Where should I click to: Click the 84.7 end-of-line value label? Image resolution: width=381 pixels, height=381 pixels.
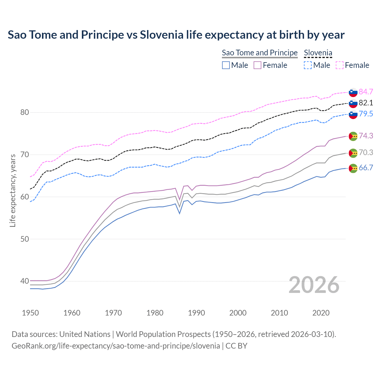click(366, 92)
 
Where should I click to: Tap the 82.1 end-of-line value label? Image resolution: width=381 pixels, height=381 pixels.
click(366, 103)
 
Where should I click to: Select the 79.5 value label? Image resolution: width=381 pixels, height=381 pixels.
click(366, 114)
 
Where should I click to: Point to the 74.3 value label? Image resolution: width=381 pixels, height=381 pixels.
click(366, 136)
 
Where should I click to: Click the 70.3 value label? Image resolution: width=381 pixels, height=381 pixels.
click(366, 152)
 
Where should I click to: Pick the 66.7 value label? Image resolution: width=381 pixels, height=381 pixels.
click(366, 168)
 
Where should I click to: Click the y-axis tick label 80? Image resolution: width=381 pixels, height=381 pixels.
click(25, 113)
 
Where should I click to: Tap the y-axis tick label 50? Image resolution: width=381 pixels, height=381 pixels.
click(25, 239)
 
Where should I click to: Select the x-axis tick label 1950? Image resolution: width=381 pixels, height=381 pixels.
click(30, 313)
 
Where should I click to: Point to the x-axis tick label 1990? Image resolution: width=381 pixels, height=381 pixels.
click(196, 313)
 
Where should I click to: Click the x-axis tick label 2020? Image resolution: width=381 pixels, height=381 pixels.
click(321, 313)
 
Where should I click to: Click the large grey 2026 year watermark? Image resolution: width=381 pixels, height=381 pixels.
click(314, 285)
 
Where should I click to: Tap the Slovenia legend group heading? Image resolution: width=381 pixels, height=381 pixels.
click(318, 53)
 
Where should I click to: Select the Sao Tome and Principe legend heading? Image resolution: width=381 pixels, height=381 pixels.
click(260, 53)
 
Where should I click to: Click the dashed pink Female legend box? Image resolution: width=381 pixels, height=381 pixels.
click(339, 65)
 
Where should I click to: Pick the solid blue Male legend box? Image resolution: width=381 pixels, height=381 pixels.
click(226, 65)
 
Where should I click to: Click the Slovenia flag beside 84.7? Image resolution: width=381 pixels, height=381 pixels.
click(353, 92)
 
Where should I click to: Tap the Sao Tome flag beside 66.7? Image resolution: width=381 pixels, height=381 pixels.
click(353, 168)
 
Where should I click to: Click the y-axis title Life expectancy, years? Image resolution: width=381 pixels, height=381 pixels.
click(13, 190)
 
